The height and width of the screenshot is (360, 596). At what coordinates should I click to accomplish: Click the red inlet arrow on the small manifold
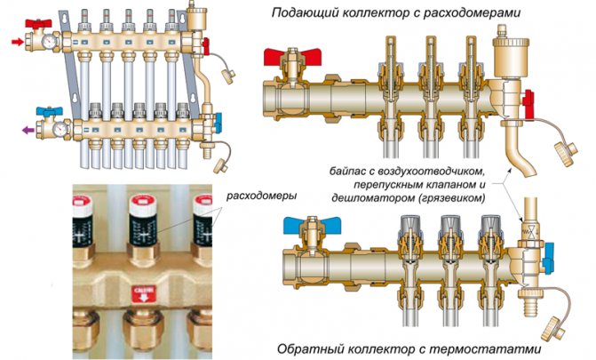pyautogui.click(x=15, y=41)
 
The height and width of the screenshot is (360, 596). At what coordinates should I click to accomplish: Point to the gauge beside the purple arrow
pyautogui.click(x=58, y=128)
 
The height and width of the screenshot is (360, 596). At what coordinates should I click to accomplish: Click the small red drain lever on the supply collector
pyautogui.click(x=527, y=104)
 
